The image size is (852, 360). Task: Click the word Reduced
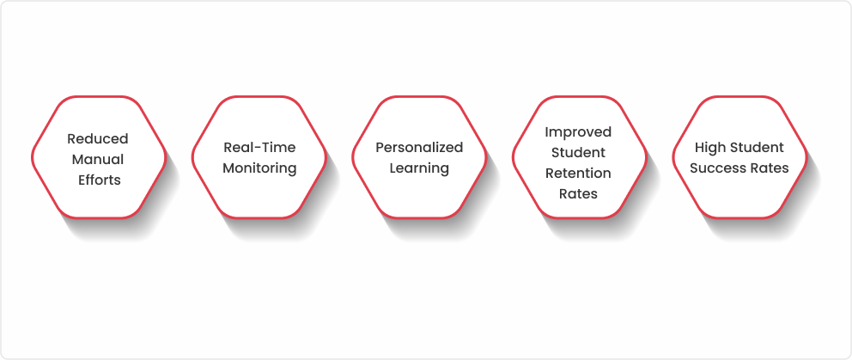[x=98, y=138]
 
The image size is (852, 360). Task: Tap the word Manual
[x=98, y=159]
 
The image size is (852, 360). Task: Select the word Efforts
[x=100, y=180]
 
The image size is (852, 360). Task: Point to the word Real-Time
[x=259, y=148]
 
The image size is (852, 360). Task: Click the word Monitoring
[x=259, y=168]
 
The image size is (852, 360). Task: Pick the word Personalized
[x=419, y=148]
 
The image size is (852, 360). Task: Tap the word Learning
[x=419, y=168]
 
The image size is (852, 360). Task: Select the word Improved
[x=578, y=132]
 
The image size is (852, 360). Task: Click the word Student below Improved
[x=578, y=153]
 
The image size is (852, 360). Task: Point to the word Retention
[x=578, y=174]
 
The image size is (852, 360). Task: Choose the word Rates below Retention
[x=578, y=194]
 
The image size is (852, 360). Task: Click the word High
[x=709, y=148]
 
